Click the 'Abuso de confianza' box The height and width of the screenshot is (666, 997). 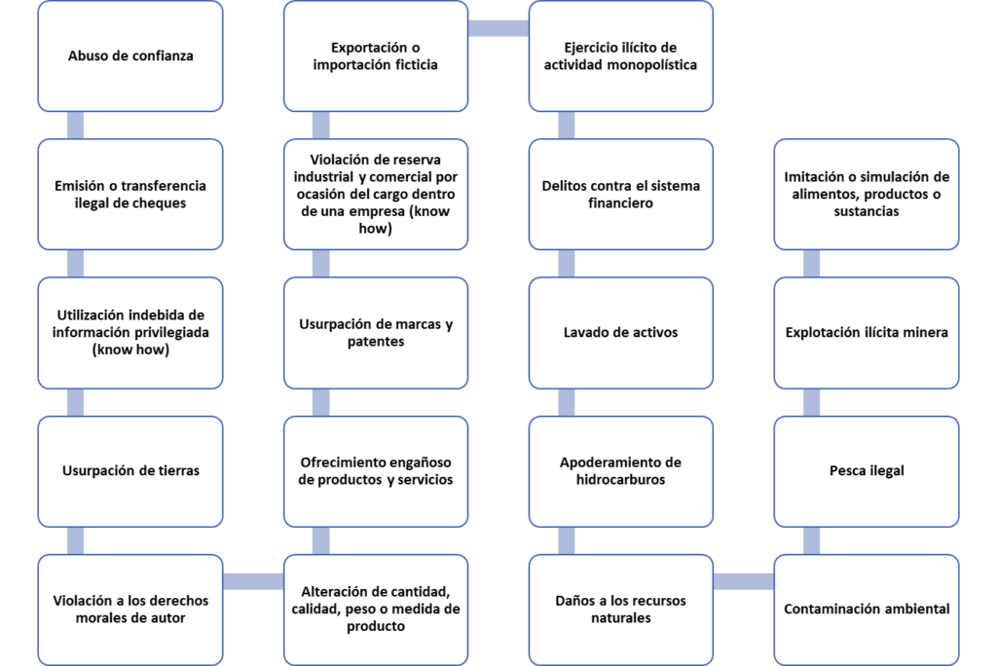click(x=130, y=55)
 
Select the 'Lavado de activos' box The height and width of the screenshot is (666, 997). click(x=620, y=333)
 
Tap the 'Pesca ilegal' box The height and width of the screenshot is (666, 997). click(x=866, y=471)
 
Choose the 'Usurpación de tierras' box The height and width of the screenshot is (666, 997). click(x=130, y=471)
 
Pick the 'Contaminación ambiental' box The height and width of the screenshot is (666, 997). click(x=866, y=610)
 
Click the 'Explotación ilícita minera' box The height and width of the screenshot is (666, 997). click(x=866, y=333)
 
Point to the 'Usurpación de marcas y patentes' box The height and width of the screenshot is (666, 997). click(x=376, y=333)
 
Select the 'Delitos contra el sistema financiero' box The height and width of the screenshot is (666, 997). click(x=620, y=194)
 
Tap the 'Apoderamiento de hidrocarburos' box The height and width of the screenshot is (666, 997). click(x=620, y=471)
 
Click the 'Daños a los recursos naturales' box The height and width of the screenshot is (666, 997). click(x=620, y=610)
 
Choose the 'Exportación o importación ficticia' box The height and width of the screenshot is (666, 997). click(x=376, y=55)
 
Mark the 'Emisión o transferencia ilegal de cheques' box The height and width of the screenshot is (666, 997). click(x=130, y=194)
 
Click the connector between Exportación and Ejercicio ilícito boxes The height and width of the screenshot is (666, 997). click(x=498, y=28)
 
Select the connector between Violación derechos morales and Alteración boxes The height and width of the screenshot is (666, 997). click(x=253, y=581)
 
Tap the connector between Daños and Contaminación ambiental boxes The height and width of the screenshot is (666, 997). click(x=743, y=581)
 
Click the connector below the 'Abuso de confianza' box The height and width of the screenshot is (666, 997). click(x=75, y=126)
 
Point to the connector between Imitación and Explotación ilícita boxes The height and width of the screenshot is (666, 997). click(x=811, y=263)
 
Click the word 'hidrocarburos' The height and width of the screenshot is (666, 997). click(x=620, y=480)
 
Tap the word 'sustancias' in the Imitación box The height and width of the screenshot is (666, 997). click(x=866, y=211)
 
